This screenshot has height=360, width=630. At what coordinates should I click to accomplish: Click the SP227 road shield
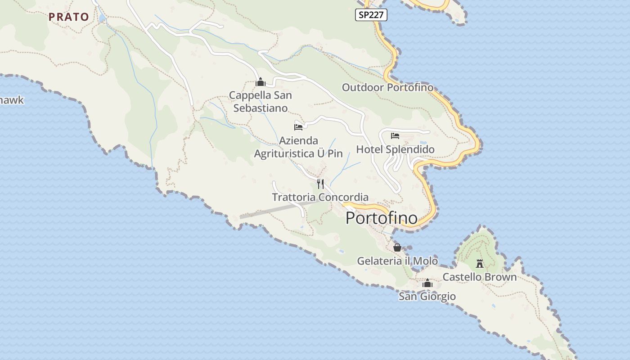(x=371, y=15)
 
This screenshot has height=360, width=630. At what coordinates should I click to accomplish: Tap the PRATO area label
(x=69, y=17)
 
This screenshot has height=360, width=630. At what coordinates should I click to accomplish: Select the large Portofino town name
(x=382, y=218)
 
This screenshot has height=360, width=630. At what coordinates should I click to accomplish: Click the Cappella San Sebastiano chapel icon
(x=260, y=82)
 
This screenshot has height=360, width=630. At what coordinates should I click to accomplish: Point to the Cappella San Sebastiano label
(x=261, y=102)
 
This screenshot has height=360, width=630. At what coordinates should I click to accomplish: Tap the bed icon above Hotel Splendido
(x=395, y=135)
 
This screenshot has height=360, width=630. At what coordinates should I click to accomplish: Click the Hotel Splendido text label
(x=395, y=149)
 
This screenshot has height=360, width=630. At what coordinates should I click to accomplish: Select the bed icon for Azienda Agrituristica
(x=298, y=127)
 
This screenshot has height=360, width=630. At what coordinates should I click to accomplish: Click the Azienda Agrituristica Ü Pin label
(x=298, y=147)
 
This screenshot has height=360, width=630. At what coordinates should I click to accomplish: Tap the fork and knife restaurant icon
(x=320, y=184)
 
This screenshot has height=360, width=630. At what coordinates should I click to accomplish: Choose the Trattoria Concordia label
(x=320, y=197)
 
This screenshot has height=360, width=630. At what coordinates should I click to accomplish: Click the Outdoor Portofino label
(x=387, y=87)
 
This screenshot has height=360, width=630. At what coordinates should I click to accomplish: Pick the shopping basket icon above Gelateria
(x=397, y=247)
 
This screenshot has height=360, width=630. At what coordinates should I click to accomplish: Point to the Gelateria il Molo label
(x=397, y=261)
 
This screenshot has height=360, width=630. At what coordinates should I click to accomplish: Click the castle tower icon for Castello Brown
(x=480, y=263)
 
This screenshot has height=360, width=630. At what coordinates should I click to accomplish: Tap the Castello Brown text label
(x=480, y=277)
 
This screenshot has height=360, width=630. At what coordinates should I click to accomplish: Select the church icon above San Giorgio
(x=427, y=283)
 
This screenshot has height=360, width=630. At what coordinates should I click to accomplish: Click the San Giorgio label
(x=427, y=297)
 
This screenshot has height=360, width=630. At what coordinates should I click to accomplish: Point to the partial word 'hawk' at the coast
(x=12, y=100)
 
